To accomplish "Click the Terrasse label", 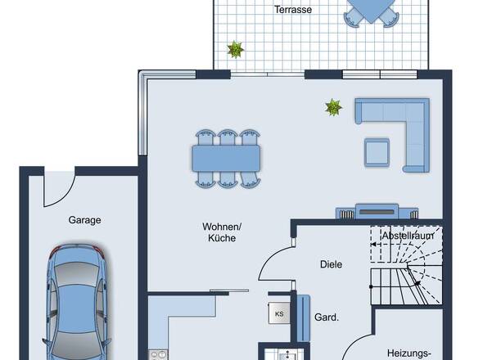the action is (x=293, y=10).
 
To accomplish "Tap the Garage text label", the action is (x=84, y=220).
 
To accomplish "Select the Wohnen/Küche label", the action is (x=222, y=232).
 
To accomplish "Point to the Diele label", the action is (x=331, y=264).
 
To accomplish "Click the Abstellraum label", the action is (x=408, y=236).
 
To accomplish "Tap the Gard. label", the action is (x=327, y=317).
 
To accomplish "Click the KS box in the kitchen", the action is (x=279, y=313).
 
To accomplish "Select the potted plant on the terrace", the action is (x=236, y=49).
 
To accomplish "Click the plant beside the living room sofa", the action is (x=333, y=107).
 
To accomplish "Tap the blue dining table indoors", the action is (x=226, y=158).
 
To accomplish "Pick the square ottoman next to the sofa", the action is (x=377, y=153).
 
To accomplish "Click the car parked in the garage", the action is (x=77, y=302).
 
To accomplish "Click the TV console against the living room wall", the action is (x=377, y=211).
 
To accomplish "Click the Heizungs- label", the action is (x=409, y=353).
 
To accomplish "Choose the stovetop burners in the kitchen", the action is (x=158, y=355).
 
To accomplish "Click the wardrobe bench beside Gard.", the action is (x=304, y=317).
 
